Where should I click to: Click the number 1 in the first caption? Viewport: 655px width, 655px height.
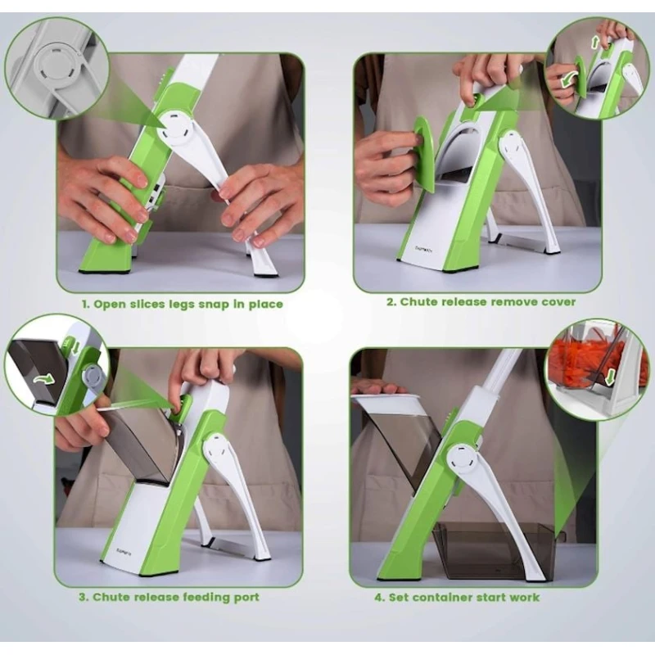(85, 304)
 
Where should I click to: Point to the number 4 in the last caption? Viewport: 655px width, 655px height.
(379, 598)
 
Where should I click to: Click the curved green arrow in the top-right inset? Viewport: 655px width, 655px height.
(570, 79)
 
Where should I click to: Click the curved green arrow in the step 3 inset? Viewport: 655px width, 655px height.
(44, 378)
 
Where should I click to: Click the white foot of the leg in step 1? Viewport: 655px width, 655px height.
(264, 263)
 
